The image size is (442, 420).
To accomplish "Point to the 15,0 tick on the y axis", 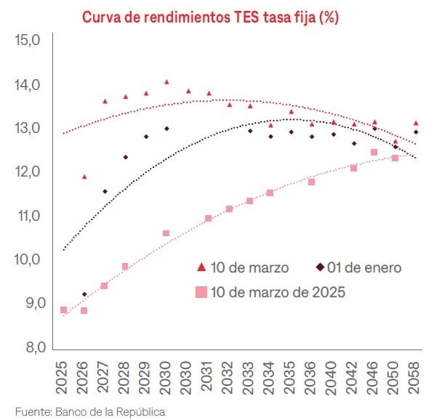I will tap(28, 41).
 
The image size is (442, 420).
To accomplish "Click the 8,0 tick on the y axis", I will tap(28, 347).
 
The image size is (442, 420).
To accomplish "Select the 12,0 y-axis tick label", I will tap(28, 172).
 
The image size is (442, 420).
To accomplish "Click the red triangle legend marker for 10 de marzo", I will tap(201, 267).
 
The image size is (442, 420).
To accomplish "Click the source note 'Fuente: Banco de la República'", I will tap(89, 411).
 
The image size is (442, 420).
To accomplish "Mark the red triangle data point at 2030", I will tap(166, 82).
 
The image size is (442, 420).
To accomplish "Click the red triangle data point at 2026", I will tap(84, 177).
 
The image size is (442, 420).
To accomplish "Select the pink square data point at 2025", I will tap(63, 310).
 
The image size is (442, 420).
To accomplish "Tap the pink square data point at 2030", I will tap(166, 233).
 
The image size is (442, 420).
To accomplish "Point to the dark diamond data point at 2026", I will tap(84, 294).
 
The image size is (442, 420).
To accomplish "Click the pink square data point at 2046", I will tap(374, 153).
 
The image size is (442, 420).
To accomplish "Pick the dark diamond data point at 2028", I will tap(125, 157).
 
